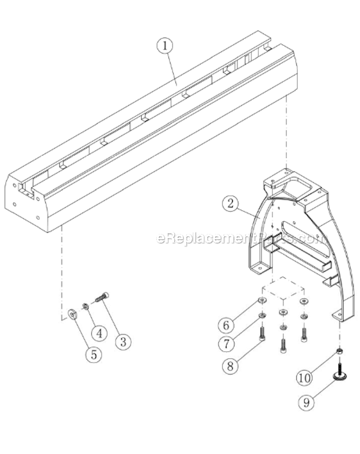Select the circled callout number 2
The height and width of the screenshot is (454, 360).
(x=231, y=203)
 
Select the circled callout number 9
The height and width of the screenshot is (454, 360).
(x=305, y=400)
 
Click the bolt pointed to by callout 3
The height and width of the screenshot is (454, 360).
(x=102, y=299)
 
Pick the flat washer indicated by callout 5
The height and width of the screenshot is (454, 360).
(x=73, y=314)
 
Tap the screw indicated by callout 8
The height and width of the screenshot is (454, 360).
(x=262, y=334)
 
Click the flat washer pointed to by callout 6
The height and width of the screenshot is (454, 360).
(x=262, y=300)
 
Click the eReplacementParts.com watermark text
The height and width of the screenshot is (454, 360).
(x=239, y=238)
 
